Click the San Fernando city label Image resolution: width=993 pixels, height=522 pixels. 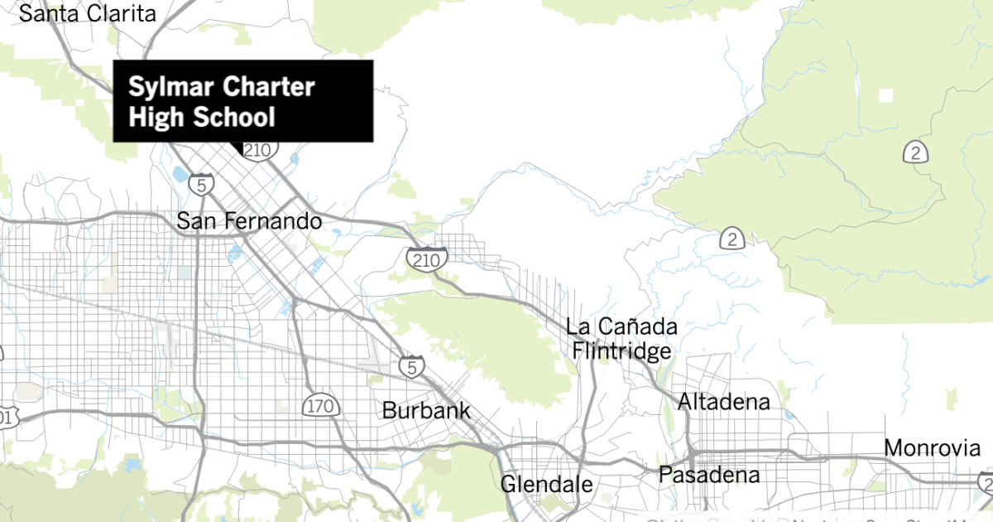coord(249,221)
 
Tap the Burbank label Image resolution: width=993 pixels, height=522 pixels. coord(425,410)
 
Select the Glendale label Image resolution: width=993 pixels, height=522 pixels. coord(546,484)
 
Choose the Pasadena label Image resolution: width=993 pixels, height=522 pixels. coord(708,476)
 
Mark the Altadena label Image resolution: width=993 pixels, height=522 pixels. coord(724,403)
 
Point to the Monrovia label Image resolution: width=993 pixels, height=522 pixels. coord(932,448)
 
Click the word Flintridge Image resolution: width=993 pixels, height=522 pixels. coord(621,350)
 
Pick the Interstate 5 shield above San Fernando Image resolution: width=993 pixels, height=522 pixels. coord(202,183)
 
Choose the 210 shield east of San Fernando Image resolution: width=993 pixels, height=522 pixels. coord(427,259)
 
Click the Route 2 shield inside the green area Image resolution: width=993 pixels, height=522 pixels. coord(914,152)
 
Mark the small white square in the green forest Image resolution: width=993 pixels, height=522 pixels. coord(886,94)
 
